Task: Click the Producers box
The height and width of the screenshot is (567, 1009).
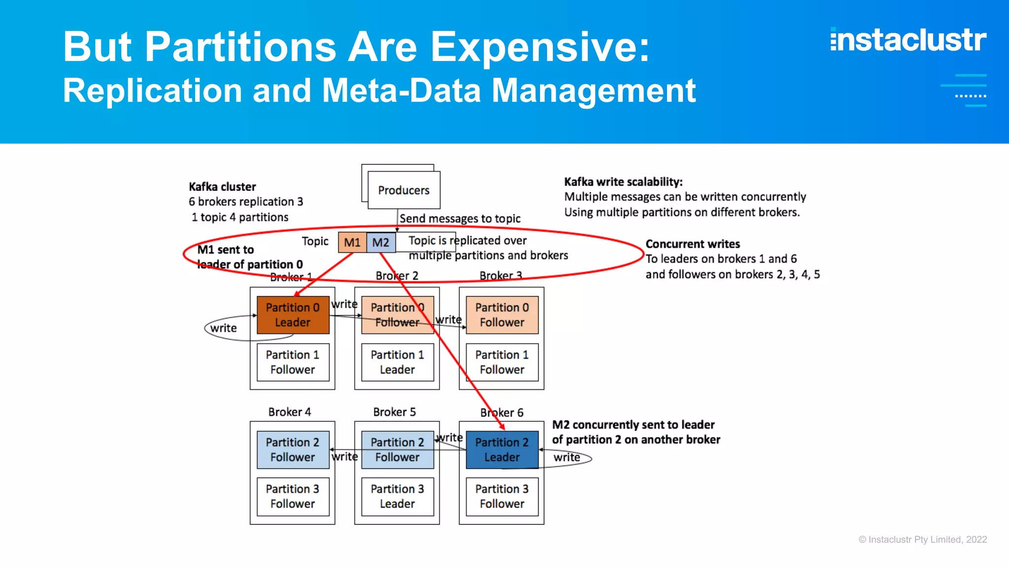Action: coord(404,190)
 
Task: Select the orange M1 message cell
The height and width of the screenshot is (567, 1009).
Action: coord(352,242)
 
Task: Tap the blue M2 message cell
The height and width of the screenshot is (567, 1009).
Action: coord(381,242)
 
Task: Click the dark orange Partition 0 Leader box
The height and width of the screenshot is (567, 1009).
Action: coord(293,315)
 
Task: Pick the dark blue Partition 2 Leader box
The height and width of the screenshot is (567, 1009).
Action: coord(502,449)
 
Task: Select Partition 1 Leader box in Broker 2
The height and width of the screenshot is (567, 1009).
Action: coord(397,362)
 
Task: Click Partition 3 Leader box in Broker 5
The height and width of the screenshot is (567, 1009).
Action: coord(397,496)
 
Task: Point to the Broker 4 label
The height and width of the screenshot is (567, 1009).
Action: coord(290,412)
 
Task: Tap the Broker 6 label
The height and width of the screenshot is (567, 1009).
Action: coord(502,412)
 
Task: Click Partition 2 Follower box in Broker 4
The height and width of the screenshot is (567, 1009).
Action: coord(293,449)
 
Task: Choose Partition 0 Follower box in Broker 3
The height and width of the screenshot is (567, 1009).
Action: coord(502,315)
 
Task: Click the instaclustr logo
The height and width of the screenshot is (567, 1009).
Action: coord(908,40)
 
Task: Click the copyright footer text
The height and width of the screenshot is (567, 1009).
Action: coord(922,539)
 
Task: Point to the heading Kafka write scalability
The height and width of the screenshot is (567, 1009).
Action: coord(623,182)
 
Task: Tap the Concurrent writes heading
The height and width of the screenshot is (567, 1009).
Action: coord(693,244)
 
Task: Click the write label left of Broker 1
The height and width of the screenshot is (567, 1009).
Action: coord(223,328)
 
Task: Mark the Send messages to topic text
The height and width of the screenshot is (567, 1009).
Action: coord(460,219)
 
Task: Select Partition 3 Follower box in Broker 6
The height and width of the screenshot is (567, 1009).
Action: coord(502,496)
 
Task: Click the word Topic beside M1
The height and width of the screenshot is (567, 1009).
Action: coord(315,241)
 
